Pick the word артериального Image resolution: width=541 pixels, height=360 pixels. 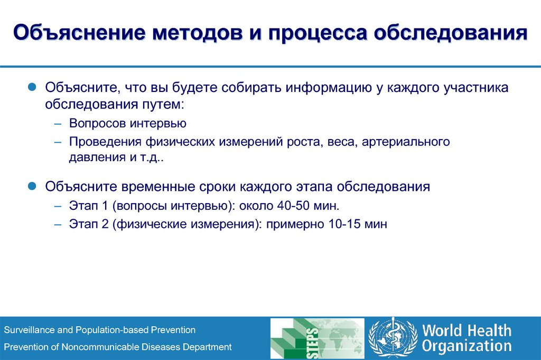406,142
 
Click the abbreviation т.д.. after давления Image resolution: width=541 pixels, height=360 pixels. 153,158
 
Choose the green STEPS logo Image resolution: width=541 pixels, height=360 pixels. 317,338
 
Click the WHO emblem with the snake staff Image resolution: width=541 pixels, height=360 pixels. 393,338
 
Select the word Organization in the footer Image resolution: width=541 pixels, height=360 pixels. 467,346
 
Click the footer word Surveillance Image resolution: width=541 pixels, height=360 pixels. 29,330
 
